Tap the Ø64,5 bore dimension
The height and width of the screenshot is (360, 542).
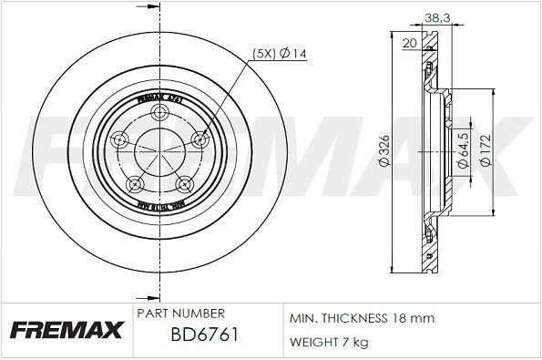pyautogui.click(x=465, y=146)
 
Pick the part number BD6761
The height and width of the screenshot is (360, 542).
pyautogui.click(x=203, y=336)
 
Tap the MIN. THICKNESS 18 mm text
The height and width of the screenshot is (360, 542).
pyautogui.click(x=363, y=318)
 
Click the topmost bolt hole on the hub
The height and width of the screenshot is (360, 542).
pyautogui.click(x=160, y=112)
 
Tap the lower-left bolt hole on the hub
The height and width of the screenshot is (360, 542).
pyautogui.click(x=136, y=182)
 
